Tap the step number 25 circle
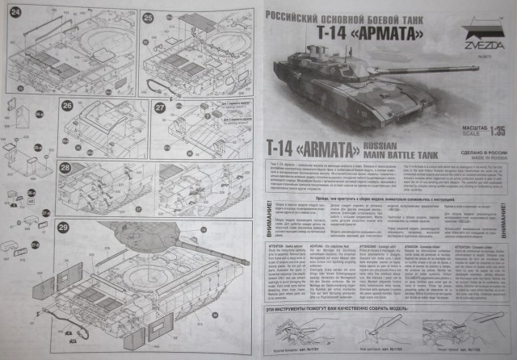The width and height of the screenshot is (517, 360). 148,16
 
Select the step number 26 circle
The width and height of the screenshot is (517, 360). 67,106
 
